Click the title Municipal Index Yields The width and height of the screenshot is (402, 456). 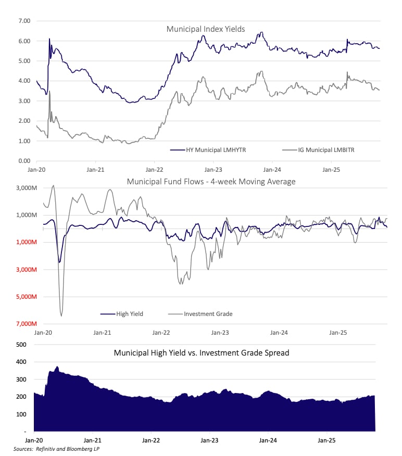pyautogui.click(x=205, y=29)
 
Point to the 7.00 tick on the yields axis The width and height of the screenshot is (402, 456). pyautogui.click(x=24, y=21)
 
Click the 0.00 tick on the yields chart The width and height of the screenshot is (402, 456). pyautogui.click(x=24, y=161)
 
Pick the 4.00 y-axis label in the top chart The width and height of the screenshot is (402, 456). pyautogui.click(x=24, y=81)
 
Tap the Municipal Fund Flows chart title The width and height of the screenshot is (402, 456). pyautogui.click(x=211, y=181)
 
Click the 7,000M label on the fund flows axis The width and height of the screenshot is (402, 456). pyautogui.click(x=20, y=324)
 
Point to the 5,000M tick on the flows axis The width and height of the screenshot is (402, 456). pyautogui.click(x=20, y=297)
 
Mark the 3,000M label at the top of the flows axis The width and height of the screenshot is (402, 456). pyautogui.click(x=20, y=188)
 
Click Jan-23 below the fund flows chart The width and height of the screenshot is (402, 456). pyautogui.click(x=220, y=332)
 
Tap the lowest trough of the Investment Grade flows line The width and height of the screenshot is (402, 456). pyautogui.click(x=61, y=315)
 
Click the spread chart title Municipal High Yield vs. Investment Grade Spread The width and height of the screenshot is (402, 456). pyautogui.click(x=202, y=353)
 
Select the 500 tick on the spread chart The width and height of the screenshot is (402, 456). pyautogui.click(x=21, y=345)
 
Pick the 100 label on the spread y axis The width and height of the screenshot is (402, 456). pyautogui.click(x=21, y=414)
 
